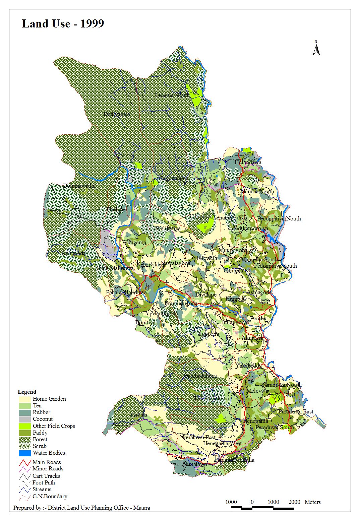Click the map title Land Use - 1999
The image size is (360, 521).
63,24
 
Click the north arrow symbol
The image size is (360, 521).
316,48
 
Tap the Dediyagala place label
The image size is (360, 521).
116,114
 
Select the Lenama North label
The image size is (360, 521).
172,95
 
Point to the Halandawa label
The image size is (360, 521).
248,162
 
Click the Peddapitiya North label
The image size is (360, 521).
279,218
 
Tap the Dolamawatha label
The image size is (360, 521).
79,186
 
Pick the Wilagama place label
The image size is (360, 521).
134,243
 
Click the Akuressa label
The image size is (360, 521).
253,338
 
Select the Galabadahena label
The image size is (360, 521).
200,376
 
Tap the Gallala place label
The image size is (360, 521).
139,415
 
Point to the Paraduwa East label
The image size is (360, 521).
296,411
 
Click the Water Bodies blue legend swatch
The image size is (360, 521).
25,453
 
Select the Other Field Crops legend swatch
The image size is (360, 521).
25,426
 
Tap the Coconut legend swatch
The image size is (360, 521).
25,419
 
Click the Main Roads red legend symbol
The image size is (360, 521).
25,462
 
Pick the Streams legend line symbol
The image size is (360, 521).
25,490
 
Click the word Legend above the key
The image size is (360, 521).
27,392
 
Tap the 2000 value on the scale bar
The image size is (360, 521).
294,502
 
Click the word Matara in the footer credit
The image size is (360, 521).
141,508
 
